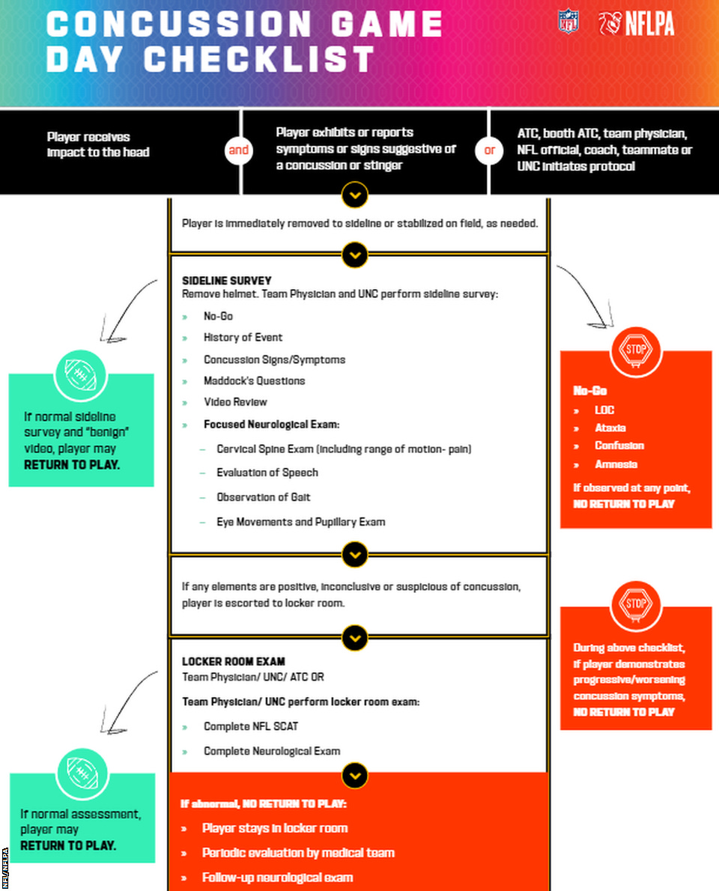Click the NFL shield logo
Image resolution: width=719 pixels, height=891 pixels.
coord(568,22)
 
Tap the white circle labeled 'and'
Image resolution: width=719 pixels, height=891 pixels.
coord(238,150)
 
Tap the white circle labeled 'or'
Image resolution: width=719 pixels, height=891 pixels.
coord(489,150)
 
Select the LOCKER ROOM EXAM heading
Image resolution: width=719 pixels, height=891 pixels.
coord(233,662)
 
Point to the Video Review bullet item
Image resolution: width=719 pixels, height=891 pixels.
coord(235,402)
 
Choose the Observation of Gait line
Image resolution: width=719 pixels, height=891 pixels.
coord(263,497)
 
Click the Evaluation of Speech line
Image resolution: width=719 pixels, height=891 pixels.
coord(267,472)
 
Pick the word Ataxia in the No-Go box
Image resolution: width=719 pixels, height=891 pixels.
coord(610,428)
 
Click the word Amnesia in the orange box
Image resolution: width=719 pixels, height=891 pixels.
coord(616,464)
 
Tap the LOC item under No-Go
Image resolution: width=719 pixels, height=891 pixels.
coord(604,410)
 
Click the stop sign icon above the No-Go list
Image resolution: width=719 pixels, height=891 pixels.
coord(636,350)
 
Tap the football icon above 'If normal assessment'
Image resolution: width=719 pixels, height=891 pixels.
coord(82,773)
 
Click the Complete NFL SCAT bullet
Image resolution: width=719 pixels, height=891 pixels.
coord(250,726)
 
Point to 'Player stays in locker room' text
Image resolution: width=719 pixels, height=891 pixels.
coord(274,828)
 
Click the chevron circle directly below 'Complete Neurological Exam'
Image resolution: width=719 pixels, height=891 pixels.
coord(355,774)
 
